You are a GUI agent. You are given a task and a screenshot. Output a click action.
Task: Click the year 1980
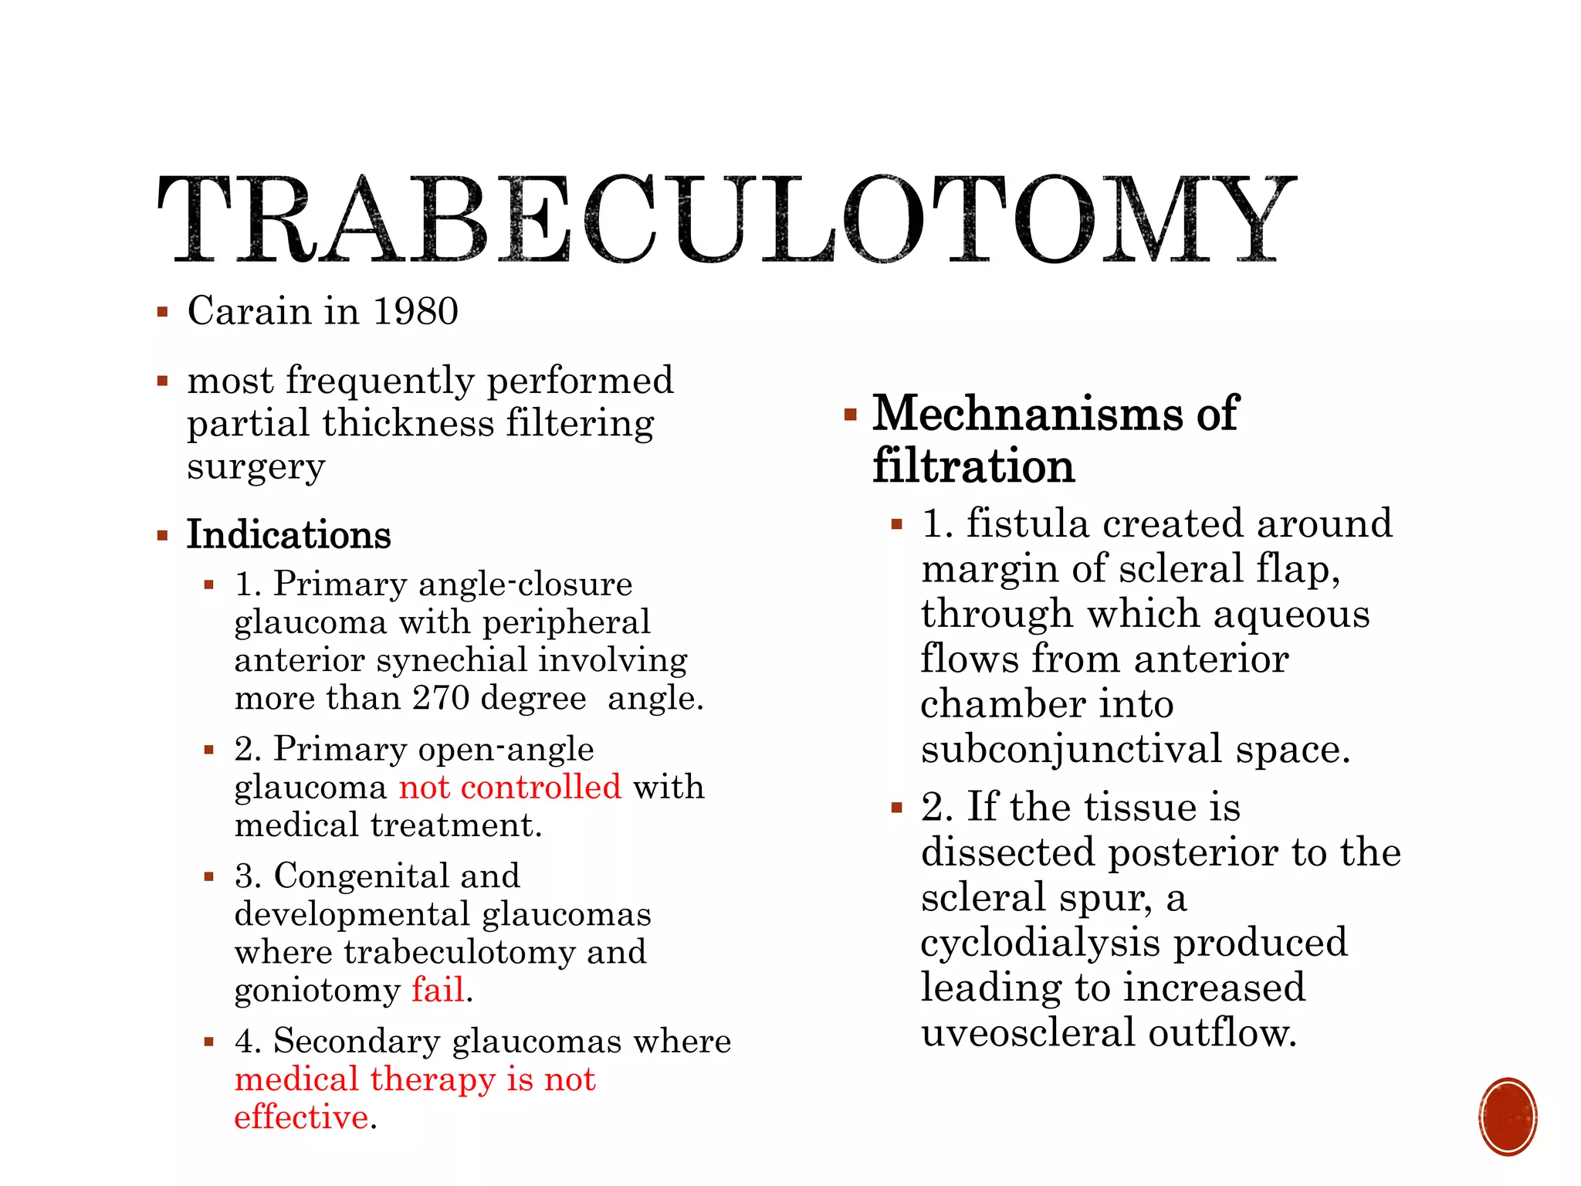[415, 311]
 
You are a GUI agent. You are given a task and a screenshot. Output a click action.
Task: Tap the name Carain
[249, 311]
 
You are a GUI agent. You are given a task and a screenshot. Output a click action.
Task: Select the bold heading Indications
[289, 534]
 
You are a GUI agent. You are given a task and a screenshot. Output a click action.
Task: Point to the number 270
[441, 698]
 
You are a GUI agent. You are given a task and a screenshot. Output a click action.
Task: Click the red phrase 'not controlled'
[510, 787]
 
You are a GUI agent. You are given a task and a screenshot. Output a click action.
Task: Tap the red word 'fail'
[438, 990]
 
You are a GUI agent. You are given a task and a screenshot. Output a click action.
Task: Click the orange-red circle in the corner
[1508, 1117]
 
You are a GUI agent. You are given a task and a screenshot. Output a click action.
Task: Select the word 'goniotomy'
[317, 991]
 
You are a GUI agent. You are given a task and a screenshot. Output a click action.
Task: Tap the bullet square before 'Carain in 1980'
[162, 313]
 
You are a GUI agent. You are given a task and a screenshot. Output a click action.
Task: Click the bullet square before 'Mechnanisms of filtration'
[851, 415]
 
